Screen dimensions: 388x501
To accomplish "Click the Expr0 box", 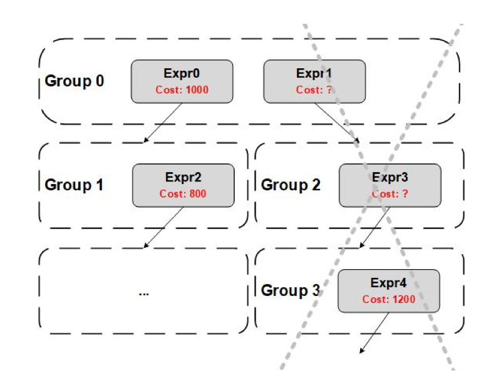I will click(x=182, y=81).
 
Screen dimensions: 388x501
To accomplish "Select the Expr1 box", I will click(x=314, y=81).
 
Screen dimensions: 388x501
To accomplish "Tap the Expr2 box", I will click(x=183, y=185).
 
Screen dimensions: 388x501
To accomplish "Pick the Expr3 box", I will click(x=390, y=185).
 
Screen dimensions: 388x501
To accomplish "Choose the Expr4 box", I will click(x=388, y=290).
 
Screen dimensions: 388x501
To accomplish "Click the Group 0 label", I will click(x=74, y=81).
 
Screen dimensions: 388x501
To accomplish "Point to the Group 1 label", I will click(x=74, y=185).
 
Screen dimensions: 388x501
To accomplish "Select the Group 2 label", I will click(x=291, y=185).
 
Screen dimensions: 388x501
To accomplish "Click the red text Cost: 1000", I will click(x=182, y=90).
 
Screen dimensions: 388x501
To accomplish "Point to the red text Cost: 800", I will click(x=183, y=194).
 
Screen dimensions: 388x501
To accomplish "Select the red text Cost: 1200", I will click(x=388, y=299).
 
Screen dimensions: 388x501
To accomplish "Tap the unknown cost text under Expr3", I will click(x=390, y=194).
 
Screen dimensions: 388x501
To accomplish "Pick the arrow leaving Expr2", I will click(x=164, y=227).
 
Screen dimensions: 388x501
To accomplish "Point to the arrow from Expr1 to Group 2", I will click(x=336, y=123).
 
